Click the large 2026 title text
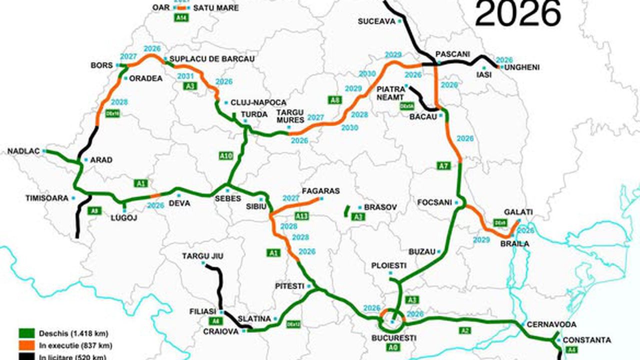coord(517,14)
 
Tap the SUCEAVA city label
coord(376,21)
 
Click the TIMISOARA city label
coord(46,198)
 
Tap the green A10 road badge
coord(226,156)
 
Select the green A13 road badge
coord(301,216)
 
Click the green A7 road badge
coord(443,165)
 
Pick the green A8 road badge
coord(334,100)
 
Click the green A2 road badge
coord(465,330)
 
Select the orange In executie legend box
coord(26,345)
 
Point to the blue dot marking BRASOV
coord(359,207)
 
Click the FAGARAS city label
coord(320,191)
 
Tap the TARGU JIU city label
coord(202,256)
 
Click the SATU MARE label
coord(215,8)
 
